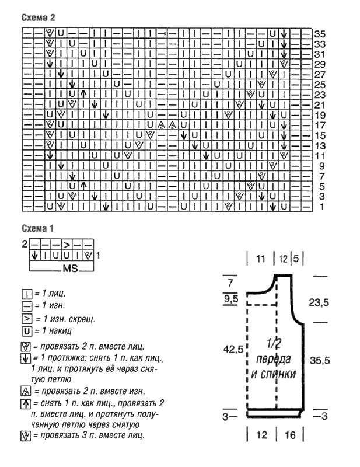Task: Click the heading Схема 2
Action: pos(38,18)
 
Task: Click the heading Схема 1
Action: pos(37,228)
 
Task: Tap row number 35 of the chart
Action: pos(320,34)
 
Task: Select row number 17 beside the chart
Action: pos(320,125)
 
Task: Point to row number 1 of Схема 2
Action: pos(322,207)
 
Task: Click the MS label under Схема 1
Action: pos(70,268)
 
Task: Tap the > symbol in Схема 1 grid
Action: pos(67,245)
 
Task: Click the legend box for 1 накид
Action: pos(26,331)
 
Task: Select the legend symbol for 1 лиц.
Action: pos(26,294)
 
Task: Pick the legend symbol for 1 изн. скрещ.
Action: pos(26,319)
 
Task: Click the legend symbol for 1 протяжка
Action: pos(26,358)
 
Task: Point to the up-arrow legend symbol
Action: pos(26,403)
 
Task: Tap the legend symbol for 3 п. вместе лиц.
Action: pos(26,435)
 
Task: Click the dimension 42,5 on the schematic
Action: pos(233,349)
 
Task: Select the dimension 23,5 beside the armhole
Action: pos(319,302)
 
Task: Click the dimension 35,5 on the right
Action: pos(320,360)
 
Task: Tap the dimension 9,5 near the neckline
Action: pos(231,298)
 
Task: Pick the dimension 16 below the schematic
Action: pos(290,435)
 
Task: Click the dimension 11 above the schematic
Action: pos(261,259)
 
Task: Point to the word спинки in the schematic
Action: pos(274,374)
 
